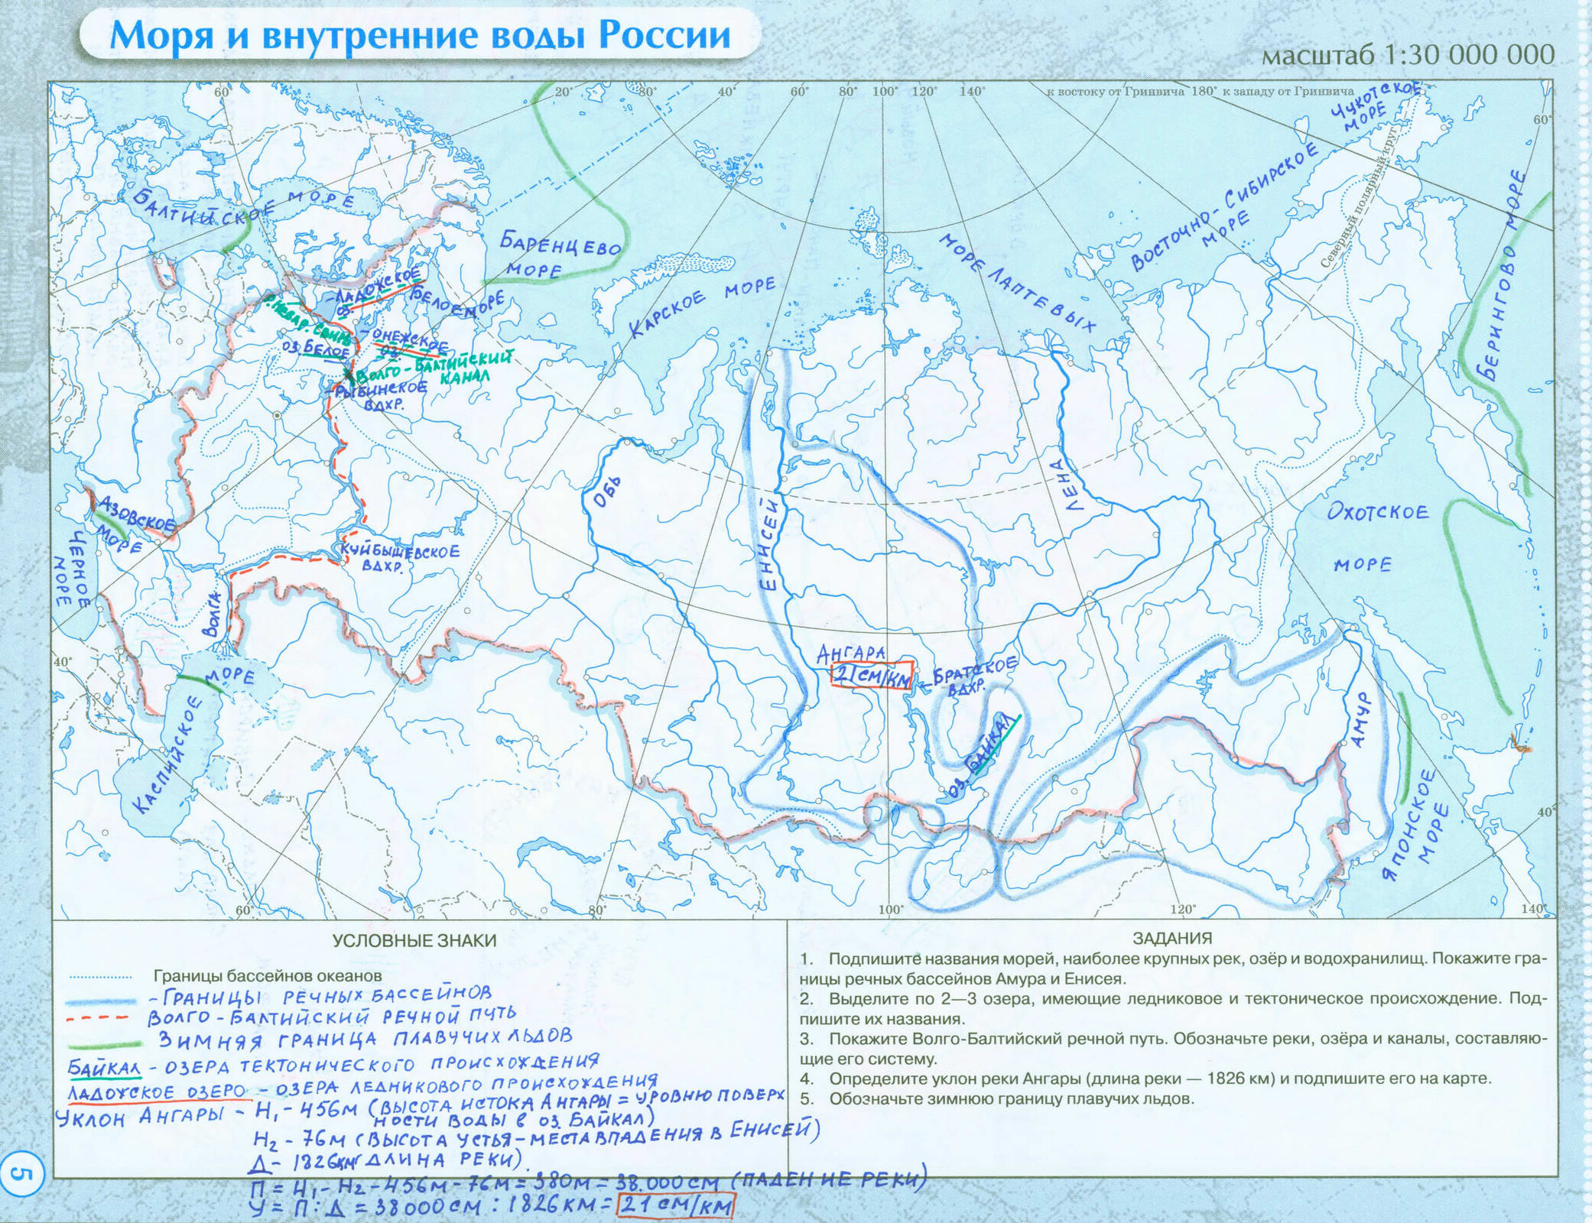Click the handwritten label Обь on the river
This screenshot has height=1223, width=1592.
point(608,492)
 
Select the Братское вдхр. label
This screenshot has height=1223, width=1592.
point(974,675)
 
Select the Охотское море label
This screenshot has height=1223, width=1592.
point(1376,535)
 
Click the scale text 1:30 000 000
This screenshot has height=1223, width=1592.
point(1468,54)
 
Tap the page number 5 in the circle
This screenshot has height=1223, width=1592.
point(23,1173)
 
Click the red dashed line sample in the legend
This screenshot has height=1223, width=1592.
point(97,1018)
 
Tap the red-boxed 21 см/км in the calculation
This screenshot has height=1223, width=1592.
point(675,1205)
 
